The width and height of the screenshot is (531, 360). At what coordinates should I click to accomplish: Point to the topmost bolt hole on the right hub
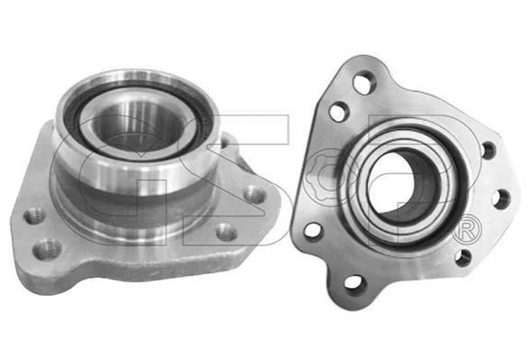click(x=364, y=82)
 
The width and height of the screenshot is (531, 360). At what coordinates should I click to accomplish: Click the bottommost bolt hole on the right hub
click(x=355, y=284)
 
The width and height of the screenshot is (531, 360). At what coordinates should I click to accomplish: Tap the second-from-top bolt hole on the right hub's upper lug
click(x=339, y=111)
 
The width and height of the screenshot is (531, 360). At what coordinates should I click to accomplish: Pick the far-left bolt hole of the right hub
click(x=314, y=230)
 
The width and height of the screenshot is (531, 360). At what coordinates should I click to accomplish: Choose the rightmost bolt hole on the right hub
click(x=501, y=198)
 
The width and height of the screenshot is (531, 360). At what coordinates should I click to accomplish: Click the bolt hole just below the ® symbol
click(x=463, y=258)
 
